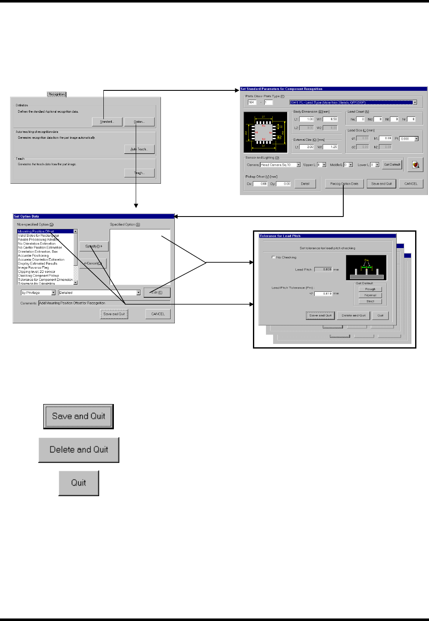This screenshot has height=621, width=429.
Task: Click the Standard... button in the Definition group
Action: [x=107, y=122]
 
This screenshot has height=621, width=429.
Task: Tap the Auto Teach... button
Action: [x=139, y=149]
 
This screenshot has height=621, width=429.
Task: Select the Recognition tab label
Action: [x=57, y=94]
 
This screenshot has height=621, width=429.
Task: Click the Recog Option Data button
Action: [x=344, y=184]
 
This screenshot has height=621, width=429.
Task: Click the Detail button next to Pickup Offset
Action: [x=305, y=184]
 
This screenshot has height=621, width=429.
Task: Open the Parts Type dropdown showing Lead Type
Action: [x=353, y=103]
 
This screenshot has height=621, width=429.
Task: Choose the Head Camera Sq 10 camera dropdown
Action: [x=280, y=165]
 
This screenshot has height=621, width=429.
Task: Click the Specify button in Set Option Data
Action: [x=94, y=246]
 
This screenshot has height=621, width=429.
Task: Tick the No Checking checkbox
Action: [x=274, y=257]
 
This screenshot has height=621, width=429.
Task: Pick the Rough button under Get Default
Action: [x=370, y=289]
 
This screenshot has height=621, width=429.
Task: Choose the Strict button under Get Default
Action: [x=370, y=301]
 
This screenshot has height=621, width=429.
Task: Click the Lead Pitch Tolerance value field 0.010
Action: [x=323, y=293]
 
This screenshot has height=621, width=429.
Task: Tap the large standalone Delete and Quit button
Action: [x=79, y=449]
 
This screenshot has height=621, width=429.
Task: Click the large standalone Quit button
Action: [x=79, y=483]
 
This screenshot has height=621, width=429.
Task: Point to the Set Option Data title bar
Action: [x=93, y=217]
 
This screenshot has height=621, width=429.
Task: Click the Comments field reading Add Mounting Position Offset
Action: [x=104, y=303]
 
